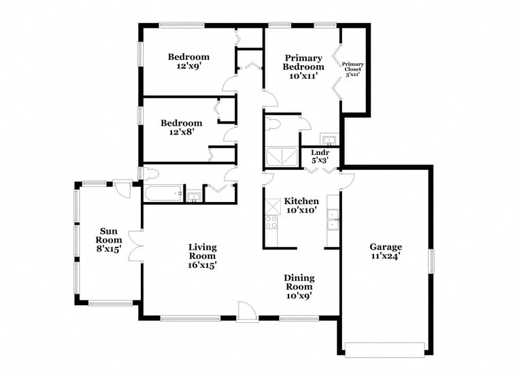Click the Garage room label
386,252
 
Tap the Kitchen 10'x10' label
301,205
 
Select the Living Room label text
202,256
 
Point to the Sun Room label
108,240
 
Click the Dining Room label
299,287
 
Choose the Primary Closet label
352,69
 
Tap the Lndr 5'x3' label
320,156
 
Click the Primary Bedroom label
303,67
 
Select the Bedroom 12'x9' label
188,61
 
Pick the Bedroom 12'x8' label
182,128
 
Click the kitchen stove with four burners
271,222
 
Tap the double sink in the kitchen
333,219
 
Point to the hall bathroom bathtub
163,193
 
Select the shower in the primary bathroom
282,156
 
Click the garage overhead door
384,350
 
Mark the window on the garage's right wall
431,261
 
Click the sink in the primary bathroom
329,139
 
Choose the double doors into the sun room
135,246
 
